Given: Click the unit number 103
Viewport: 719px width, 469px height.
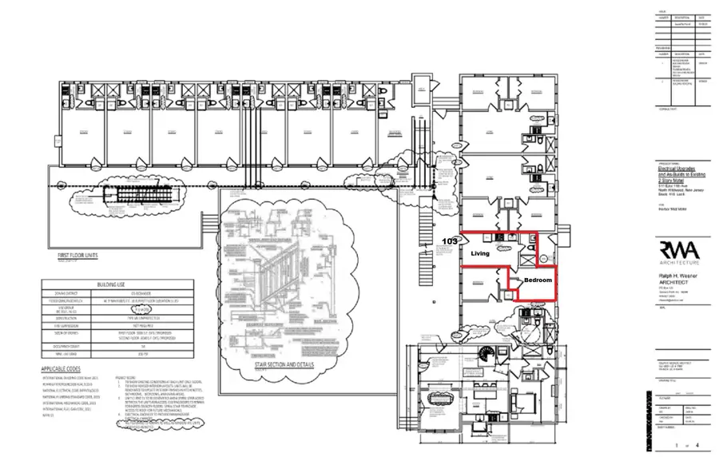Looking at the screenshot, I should click(x=451, y=240).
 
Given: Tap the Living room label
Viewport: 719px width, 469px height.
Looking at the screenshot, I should click(x=480, y=253).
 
